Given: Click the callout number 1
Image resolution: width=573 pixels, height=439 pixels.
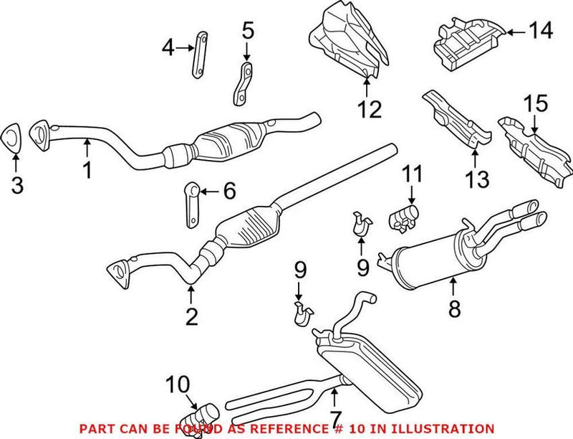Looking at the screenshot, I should click(87, 171).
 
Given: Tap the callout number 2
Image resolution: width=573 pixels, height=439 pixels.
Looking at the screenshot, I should click(191, 316).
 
